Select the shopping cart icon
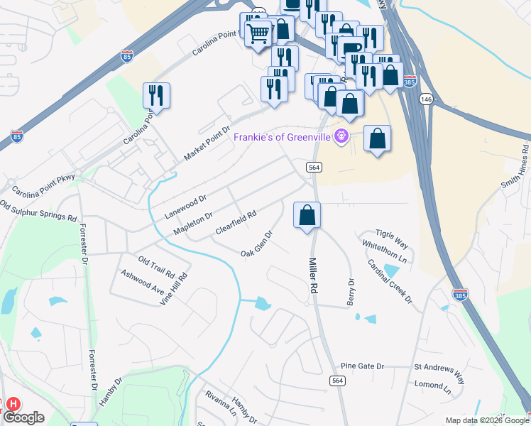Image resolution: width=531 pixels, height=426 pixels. click(x=259, y=32)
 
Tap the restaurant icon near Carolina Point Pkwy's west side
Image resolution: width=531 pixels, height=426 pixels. click(x=156, y=95)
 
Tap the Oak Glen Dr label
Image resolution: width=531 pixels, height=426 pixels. click(x=257, y=244)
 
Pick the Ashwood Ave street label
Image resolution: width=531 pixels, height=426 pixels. click(x=142, y=283)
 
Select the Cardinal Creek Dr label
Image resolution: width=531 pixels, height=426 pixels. click(x=390, y=280)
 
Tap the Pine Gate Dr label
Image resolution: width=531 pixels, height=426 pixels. click(x=362, y=366)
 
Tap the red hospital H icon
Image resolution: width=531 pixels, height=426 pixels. click(x=12, y=404)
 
